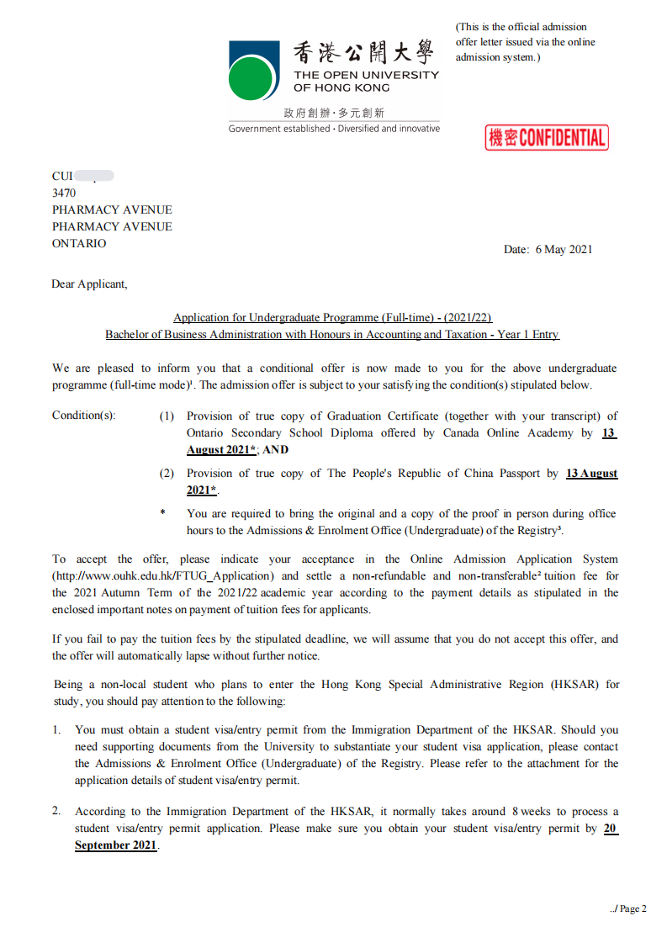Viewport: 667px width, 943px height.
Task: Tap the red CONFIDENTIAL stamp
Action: pyautogui.click(x=546, y=138)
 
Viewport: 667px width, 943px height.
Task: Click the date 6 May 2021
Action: pyautogui.click(x=564, y=249)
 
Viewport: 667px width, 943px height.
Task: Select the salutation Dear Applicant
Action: pyautogui.click(x=89, y=283)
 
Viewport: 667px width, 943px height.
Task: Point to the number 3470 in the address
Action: pyautogui.click(x=64, y=193)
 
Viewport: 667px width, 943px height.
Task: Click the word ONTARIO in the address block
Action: pyautogui.click(x=79, y=243)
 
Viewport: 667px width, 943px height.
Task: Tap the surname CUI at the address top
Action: pyautogui.click(x=63, y=176)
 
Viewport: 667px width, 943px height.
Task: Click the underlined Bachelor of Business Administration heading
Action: pyautogui.click(x=331, y=334)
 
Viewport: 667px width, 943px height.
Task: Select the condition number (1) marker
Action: pyautogui.click(x=167, y=416)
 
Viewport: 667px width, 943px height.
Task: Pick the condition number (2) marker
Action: pyautogui.click(x=167, y=474)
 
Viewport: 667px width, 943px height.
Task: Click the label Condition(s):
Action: pyautogui.click(x=84, y=416)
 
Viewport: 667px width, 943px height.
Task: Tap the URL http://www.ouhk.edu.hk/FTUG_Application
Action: pyautogui.click(x=163, y=576)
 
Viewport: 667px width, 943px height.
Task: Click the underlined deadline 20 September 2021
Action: pyautogui.click(x=115, y=845)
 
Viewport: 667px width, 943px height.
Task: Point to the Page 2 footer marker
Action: pyautogui.click(x=628, y=909)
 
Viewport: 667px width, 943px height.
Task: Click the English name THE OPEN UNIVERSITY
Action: pyautogui.click(x=366, y=75)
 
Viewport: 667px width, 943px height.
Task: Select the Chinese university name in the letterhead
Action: pyautogui.click(x=364, y=53)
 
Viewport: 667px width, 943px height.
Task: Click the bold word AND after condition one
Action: pyautogui.click(x=275, y=450)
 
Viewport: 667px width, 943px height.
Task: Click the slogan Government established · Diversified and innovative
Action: pyautogui.click(x=334, y=129)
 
